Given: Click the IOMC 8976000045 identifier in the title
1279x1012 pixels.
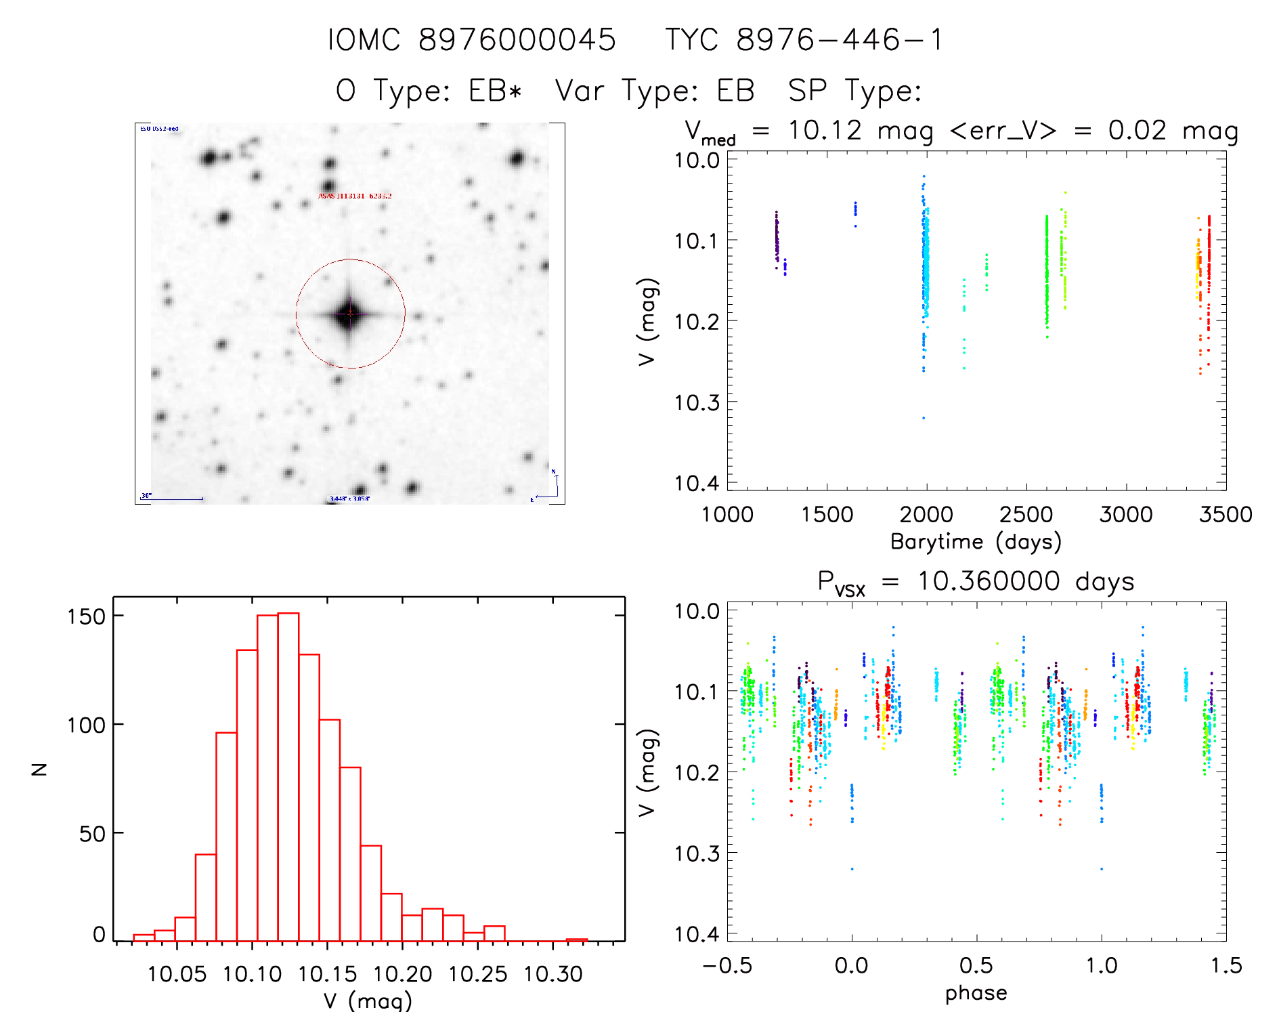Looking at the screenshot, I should point(471,40).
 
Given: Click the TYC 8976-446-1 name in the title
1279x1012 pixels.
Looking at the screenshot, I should point(804,40).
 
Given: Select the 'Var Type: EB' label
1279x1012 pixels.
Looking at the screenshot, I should point(654,91).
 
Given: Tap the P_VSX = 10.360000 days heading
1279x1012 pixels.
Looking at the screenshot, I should point(976,582).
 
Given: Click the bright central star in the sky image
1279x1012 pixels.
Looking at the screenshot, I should point(349,314).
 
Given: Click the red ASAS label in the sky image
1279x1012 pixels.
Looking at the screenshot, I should point(355,196).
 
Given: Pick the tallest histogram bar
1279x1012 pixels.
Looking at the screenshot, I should point(288,776).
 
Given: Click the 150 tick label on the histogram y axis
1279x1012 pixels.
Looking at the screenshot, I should point(86,616).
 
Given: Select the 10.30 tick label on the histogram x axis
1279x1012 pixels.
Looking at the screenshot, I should point(552,974).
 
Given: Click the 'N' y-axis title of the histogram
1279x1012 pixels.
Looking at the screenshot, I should point(40,769).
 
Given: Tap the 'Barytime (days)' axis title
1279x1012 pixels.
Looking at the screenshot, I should point(976,542).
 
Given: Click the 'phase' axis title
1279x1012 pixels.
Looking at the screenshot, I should point(976,993).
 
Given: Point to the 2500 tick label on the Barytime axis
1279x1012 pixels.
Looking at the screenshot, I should point(1026,515).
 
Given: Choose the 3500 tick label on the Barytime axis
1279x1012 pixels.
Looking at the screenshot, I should point(1225,515).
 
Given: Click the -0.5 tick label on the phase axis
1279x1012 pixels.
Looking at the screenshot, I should point(727,966).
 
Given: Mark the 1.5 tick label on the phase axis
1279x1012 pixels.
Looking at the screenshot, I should point(1226,966).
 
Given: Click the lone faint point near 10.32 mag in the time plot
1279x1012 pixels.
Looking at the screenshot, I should point(924,418).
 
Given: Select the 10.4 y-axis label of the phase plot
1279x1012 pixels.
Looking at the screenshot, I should point(697,934).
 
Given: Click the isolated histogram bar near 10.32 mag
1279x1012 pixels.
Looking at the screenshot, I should point(577,940).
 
